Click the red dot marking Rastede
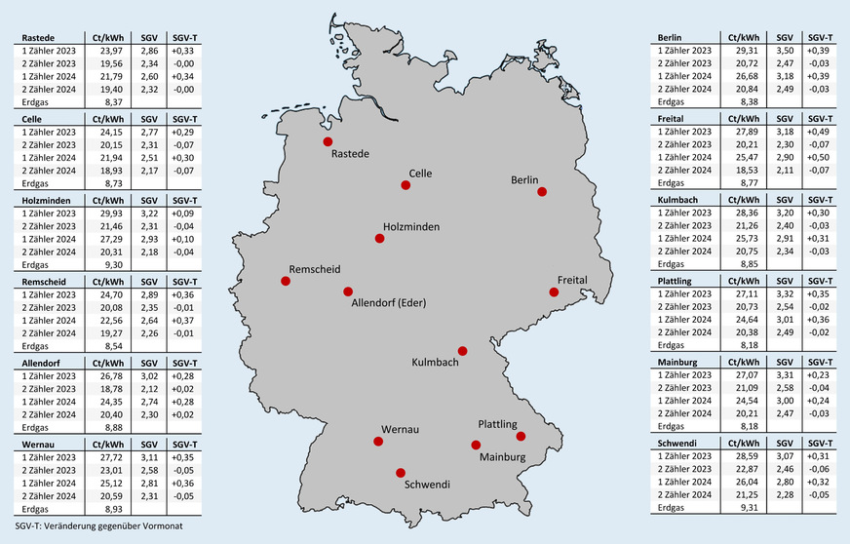pos(328,141)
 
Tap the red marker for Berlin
pos(542,192)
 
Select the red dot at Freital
pos(554,291)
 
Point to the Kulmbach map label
pos(436,364)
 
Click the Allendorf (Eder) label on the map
pos(387,303)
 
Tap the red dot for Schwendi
pos(399,472)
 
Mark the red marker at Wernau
pos(378,442)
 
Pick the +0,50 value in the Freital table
pos(819,156)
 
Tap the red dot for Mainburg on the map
pos(476,446)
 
